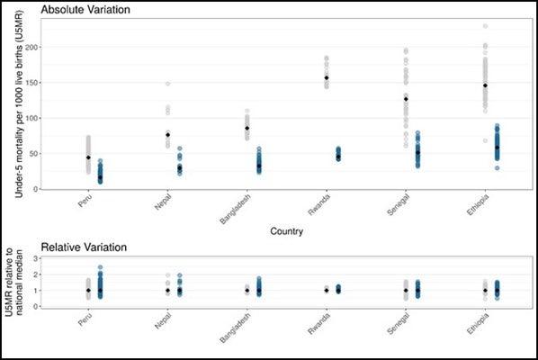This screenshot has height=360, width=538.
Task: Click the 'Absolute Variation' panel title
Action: pos(85,9)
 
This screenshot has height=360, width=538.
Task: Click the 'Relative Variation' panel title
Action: pos(84,247)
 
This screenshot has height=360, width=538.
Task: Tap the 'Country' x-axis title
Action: pos(286,231)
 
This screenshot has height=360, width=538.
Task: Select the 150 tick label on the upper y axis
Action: pos(31,83)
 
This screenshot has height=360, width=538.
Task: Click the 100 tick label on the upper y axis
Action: pos(31,118)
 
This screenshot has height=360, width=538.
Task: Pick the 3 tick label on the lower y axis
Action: pos(36,258)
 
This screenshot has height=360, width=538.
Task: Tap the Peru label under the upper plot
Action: pos(85,201)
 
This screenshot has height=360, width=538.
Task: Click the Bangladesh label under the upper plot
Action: pos(236,209)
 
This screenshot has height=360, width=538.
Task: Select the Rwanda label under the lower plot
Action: pos(319,324)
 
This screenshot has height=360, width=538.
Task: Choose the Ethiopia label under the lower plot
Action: pos(478,324)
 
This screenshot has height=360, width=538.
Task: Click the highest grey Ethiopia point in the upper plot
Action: pos(485,26)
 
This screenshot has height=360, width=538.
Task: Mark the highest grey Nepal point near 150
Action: pos(167,84)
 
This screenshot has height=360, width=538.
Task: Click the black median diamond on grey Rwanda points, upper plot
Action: pos(327,78)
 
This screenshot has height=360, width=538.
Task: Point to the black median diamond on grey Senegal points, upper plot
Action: pos(406,99)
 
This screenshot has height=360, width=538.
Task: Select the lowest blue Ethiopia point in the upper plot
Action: pos(498,167)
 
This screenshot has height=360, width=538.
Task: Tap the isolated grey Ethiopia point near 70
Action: pos(485,140)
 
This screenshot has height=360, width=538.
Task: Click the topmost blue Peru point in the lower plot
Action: pos(100,267)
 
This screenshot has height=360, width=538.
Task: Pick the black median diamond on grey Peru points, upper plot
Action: pos(88,157)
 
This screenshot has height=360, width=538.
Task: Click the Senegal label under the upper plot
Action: pos(398,205)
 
